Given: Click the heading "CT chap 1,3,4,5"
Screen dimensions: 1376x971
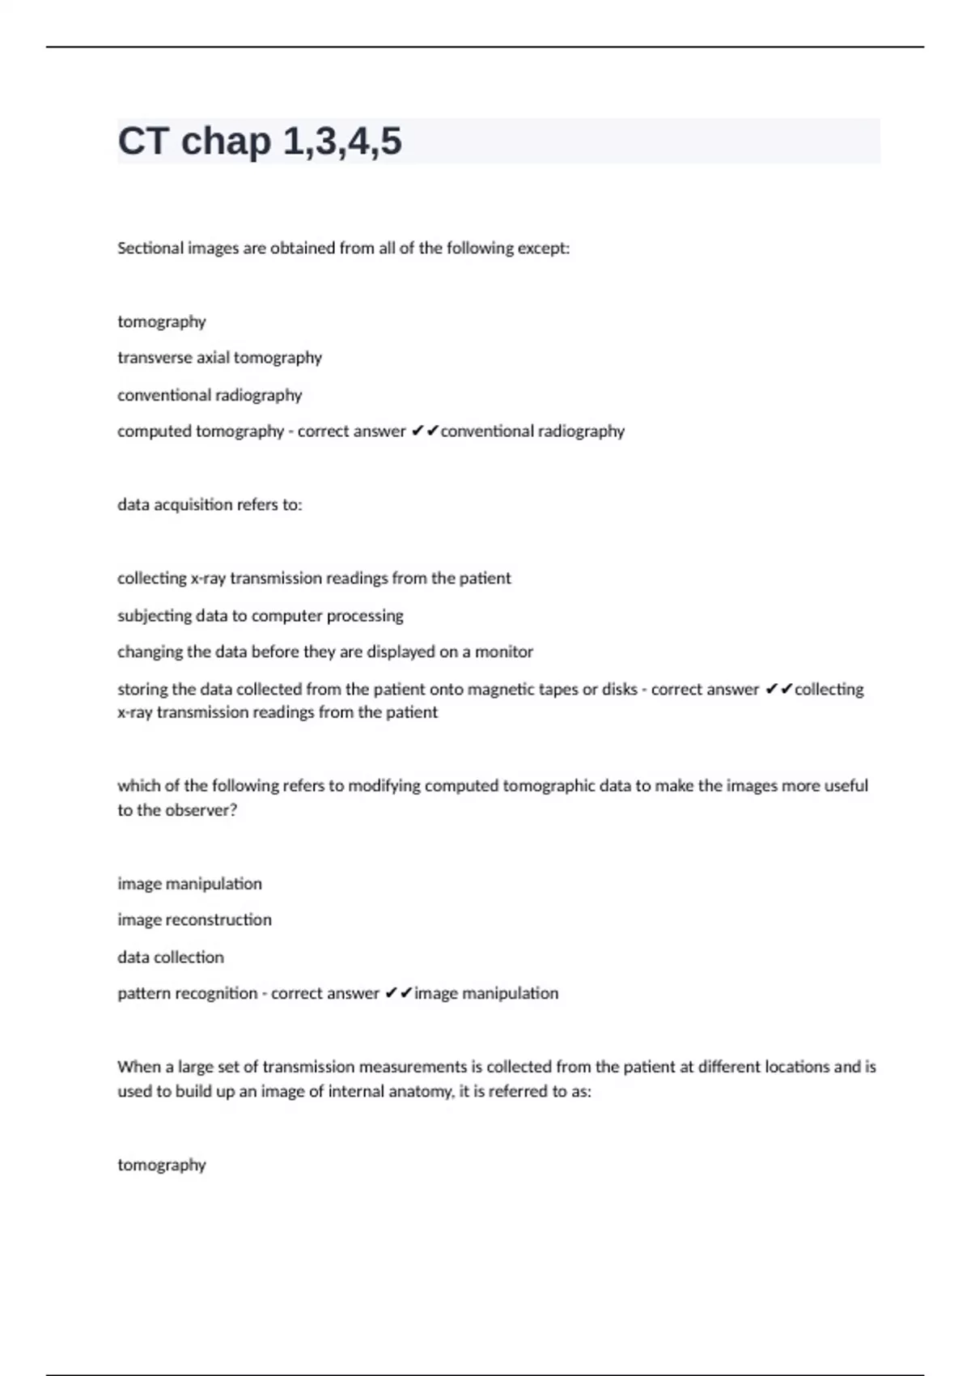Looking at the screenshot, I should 260,141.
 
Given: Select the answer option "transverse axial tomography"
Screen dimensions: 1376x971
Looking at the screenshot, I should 219,358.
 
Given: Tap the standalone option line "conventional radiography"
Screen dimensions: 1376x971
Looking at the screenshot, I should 210,395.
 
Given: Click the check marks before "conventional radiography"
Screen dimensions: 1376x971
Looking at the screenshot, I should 425,431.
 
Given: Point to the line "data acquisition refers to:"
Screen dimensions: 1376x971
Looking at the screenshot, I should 210,505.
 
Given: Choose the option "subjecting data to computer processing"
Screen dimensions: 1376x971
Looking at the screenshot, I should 260,616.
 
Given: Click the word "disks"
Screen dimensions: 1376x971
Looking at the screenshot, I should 619,690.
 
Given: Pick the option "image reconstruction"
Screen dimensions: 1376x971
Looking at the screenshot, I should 194,920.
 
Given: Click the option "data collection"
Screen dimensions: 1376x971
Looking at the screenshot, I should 171,958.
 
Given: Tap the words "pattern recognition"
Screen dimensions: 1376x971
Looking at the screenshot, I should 187,994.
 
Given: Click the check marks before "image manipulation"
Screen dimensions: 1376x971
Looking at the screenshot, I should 399,994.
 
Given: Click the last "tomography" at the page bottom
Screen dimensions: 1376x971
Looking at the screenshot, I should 162,1166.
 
